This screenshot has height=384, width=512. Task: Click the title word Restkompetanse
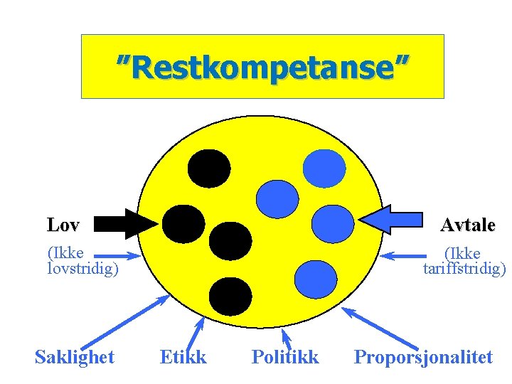tap(263, 68)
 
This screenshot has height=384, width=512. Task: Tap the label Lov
tap(63, 225)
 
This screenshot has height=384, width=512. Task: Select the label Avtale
tap(467, 225)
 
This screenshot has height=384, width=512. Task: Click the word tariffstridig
tap(464, 269)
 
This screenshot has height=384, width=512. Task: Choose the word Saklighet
tap(75, 357)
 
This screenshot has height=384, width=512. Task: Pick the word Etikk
tap(183, 357)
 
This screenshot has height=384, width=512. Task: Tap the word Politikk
tap(285, 357)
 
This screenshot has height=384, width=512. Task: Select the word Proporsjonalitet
tap(423, 357)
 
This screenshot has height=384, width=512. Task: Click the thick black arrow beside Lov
tap(125, 223)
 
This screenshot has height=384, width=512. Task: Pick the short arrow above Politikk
tap(287, 337)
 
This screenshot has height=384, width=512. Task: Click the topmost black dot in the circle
tap(209, 168)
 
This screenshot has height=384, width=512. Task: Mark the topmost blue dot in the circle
tap(324, 168)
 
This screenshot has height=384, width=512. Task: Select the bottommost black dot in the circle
tap(231, 294)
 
